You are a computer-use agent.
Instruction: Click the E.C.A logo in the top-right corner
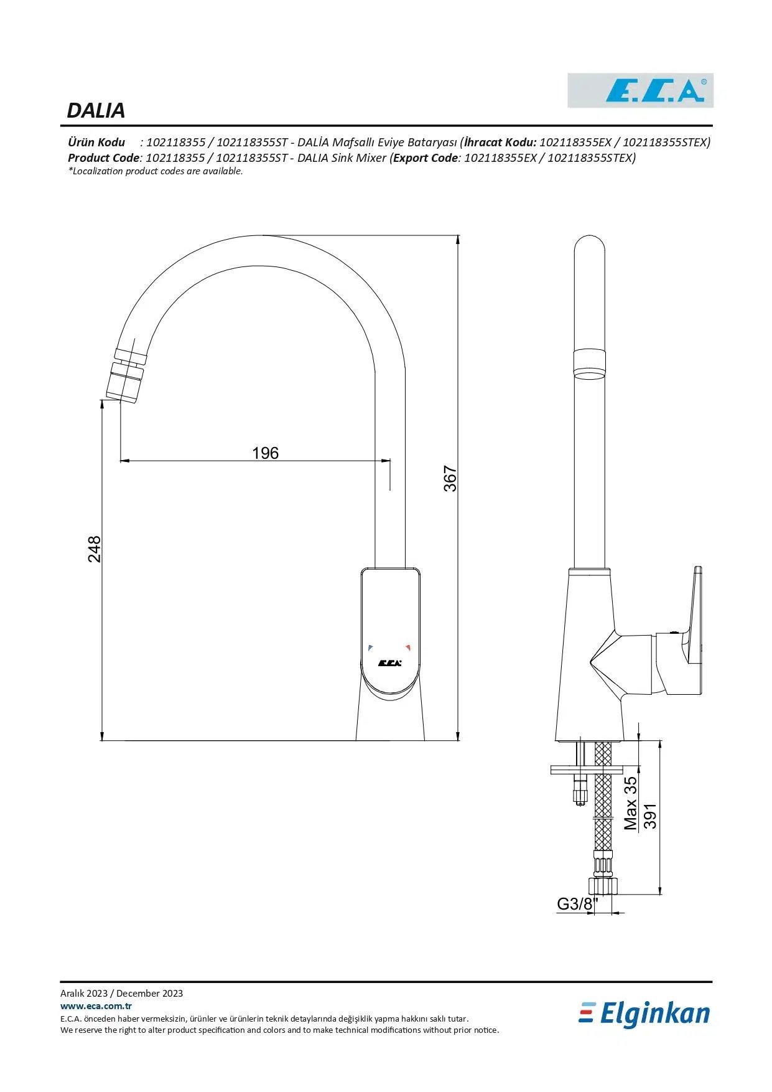pos(640,90)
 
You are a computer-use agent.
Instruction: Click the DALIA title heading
pos(96,110)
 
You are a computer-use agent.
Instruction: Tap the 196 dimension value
pos(265,453)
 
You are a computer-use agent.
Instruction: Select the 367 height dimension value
pos(450,479)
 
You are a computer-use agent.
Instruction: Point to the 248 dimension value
pos(94,548)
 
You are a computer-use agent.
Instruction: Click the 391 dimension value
pos(649,816)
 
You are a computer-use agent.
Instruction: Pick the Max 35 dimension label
pos(630,803)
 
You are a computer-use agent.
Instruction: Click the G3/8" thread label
pos(577,904)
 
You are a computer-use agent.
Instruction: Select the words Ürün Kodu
pos(96,142)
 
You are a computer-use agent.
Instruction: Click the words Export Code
pos(426,158)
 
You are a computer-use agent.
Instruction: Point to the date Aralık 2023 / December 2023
pos(121,993)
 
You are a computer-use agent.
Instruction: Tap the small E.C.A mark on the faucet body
pos(389,662)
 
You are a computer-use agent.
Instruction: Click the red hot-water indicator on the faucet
pos(408,647)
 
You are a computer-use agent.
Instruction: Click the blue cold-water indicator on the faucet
pos(371,647)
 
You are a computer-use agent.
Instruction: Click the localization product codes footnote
pos(156,171)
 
